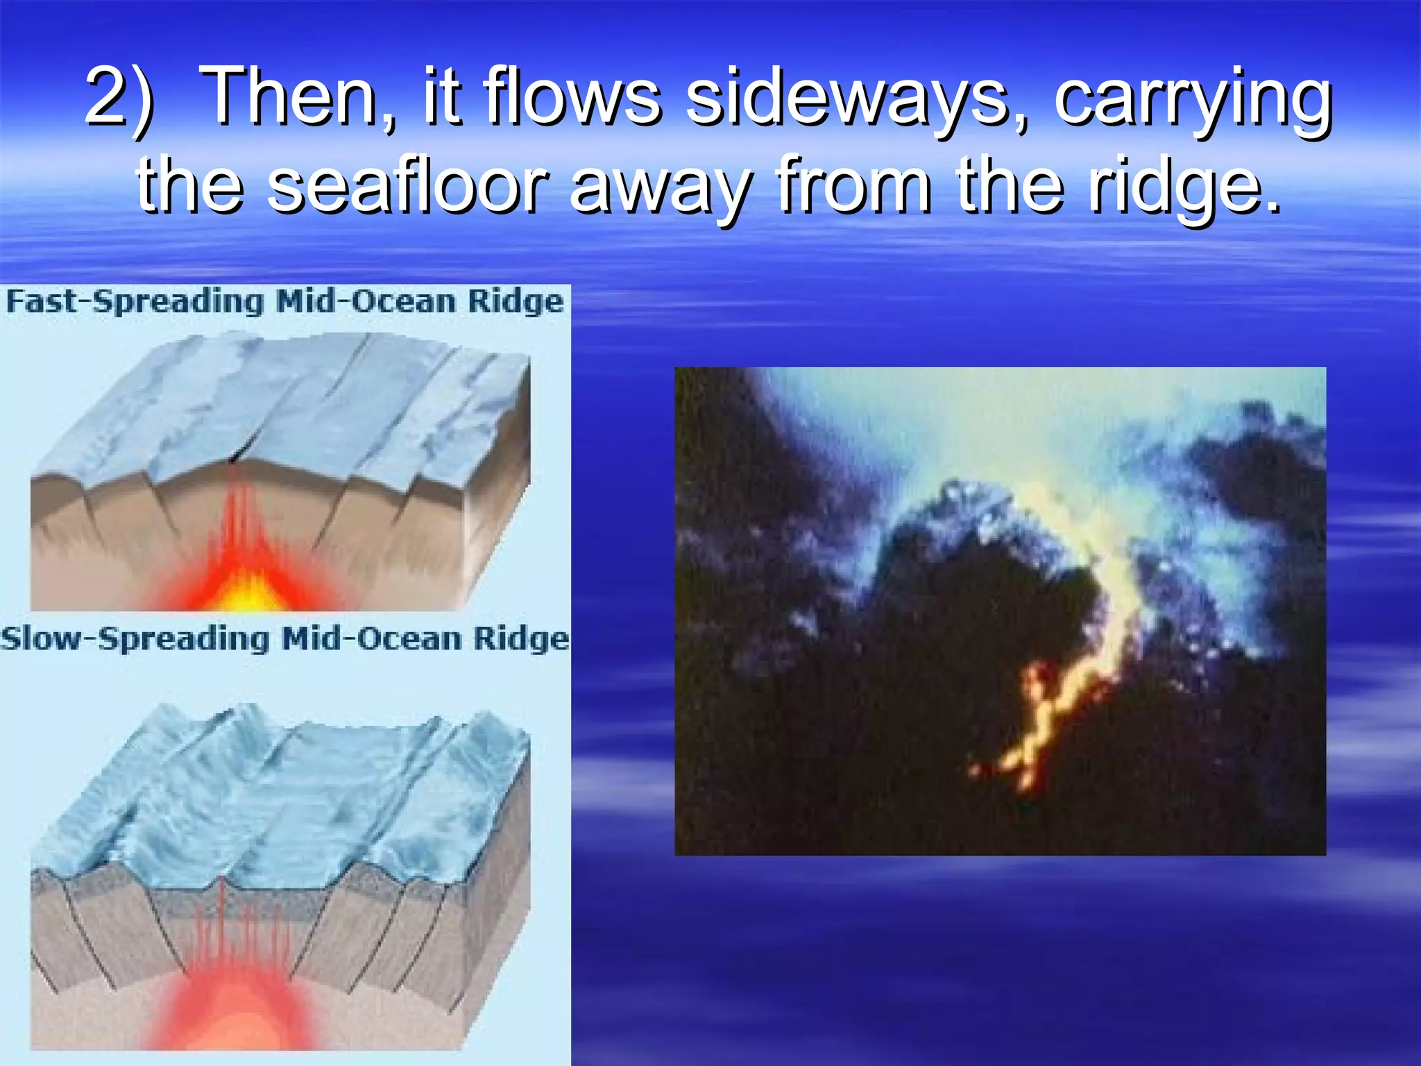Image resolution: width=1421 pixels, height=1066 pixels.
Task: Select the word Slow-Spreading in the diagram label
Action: coord(135,639)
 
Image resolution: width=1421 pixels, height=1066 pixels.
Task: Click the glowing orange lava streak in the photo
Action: coord(1055,715)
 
